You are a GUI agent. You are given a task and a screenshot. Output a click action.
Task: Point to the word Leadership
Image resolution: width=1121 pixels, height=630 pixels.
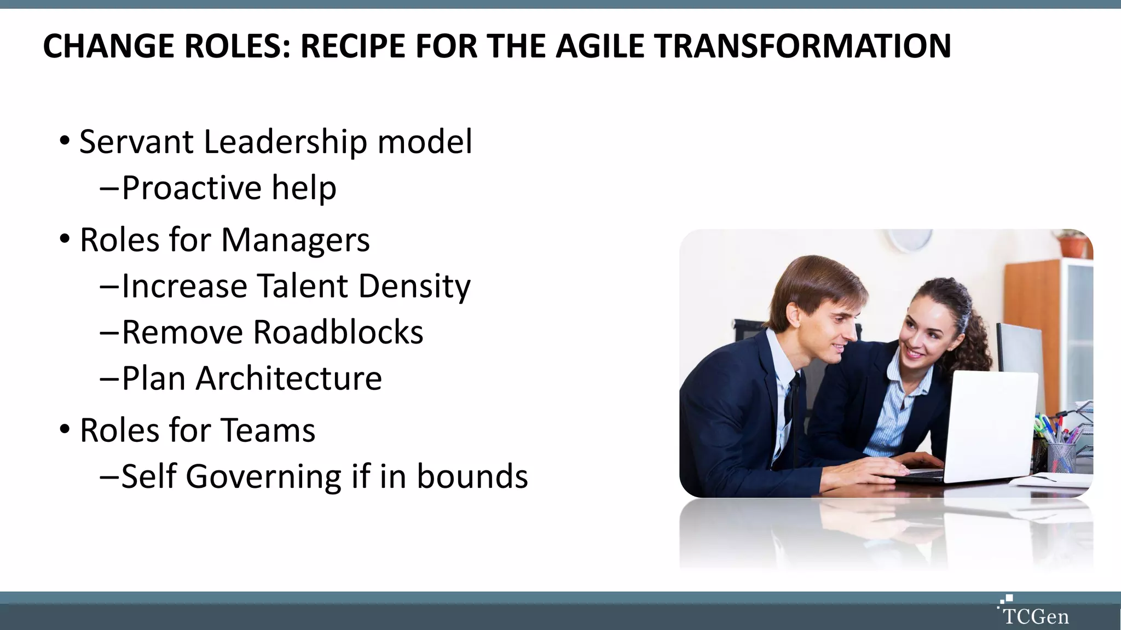click(285, 143)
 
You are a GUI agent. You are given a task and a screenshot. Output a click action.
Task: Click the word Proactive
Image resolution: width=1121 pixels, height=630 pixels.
click(192, 189)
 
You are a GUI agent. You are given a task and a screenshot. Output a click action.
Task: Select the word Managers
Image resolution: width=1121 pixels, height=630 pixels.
click(296, 241)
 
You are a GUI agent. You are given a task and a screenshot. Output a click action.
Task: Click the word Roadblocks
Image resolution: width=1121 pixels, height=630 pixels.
click(338, 332)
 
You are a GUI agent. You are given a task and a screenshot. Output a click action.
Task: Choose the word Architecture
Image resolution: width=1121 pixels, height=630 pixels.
click(288, 378)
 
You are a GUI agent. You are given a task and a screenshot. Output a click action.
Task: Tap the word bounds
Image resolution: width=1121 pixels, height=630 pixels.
click(472, 476)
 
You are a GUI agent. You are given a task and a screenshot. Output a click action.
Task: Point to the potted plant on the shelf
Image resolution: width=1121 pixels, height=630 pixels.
click(1073, 243)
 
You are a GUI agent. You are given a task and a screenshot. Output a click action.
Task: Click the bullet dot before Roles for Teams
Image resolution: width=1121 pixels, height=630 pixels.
click(65, 429)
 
